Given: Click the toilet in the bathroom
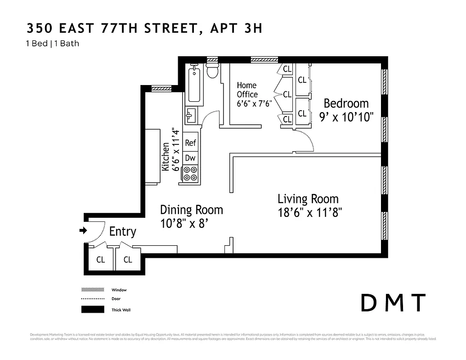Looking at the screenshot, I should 212,71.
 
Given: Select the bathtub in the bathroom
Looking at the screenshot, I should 194,84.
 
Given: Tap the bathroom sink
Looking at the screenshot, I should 190,115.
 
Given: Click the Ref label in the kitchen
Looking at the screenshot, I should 191,143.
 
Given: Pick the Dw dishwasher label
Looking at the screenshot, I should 190,158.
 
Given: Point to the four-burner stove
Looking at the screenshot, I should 190,174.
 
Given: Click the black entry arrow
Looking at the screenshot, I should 83,230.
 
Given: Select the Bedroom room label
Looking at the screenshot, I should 346,103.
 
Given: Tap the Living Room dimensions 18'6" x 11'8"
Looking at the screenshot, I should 310,212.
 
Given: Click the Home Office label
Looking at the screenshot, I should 247,90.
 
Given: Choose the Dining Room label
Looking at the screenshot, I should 192,210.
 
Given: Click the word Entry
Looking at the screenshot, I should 122,232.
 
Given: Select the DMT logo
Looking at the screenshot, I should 393,303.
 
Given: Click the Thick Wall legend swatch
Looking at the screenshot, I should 92,310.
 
